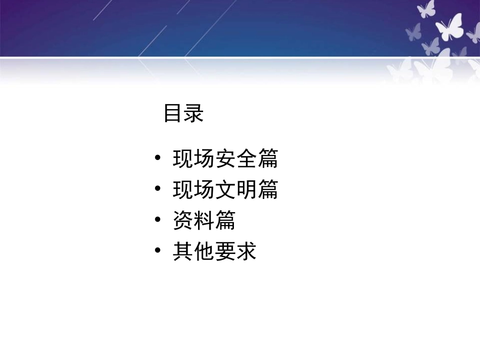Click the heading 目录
(x=183, y=114)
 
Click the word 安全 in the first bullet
(x=225, y=159)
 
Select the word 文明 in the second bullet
(x=225, y=190)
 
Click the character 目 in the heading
(x=173, y=114)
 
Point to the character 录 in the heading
(x=194, y=114)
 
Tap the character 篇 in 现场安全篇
(x=268, y=159)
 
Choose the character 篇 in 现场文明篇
(x=268, y=190)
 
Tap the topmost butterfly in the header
(x=427, y=9)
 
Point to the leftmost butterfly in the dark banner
(x=413, y=31)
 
